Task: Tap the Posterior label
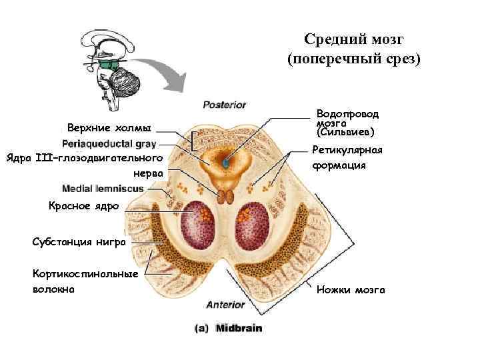coord(225,105)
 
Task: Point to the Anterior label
coord(225,305)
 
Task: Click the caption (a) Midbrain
coord(229,328)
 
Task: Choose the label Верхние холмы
coord(109,127)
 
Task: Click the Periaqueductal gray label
coord(109,143)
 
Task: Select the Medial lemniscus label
coord(103,189)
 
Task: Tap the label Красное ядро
coord(83,206)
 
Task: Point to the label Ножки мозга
coord(351,290)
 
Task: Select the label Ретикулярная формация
coord(340,158)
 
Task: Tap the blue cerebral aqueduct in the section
coord(226,162)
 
